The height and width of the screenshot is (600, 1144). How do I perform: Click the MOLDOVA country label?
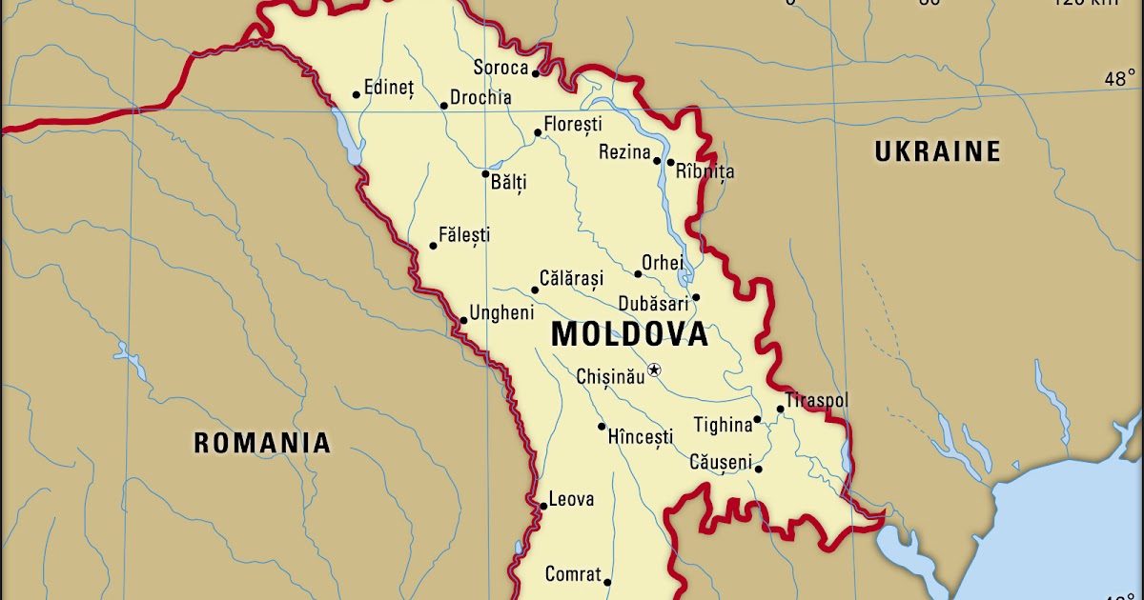(629, 334)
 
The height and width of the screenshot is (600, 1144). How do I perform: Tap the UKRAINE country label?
(938, 151)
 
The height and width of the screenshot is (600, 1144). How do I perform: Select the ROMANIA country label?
(262, 443)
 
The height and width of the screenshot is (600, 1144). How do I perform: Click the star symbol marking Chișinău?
(654, 370)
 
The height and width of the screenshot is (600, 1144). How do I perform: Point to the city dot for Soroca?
(536, 73)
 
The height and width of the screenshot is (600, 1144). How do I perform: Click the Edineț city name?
(389, 88)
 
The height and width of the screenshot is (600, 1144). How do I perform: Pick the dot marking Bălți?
(485, 174)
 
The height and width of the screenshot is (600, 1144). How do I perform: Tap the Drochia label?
(480, 97)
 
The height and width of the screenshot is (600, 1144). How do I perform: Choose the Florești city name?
(573, 125)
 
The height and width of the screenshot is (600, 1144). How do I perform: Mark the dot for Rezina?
(657, 160)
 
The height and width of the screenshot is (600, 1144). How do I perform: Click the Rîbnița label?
(705, 172)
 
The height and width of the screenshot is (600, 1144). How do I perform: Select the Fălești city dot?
(433, 246)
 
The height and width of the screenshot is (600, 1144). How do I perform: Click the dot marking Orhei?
(638, 274)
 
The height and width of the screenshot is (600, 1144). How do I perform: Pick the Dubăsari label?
(653, 304)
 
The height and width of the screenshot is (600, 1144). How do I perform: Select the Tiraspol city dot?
(780, 410)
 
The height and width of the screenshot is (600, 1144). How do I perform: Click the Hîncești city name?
(641, 437)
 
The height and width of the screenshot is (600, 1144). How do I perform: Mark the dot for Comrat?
(607, 583)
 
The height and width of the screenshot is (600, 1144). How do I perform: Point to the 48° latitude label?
(1120, 80)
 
